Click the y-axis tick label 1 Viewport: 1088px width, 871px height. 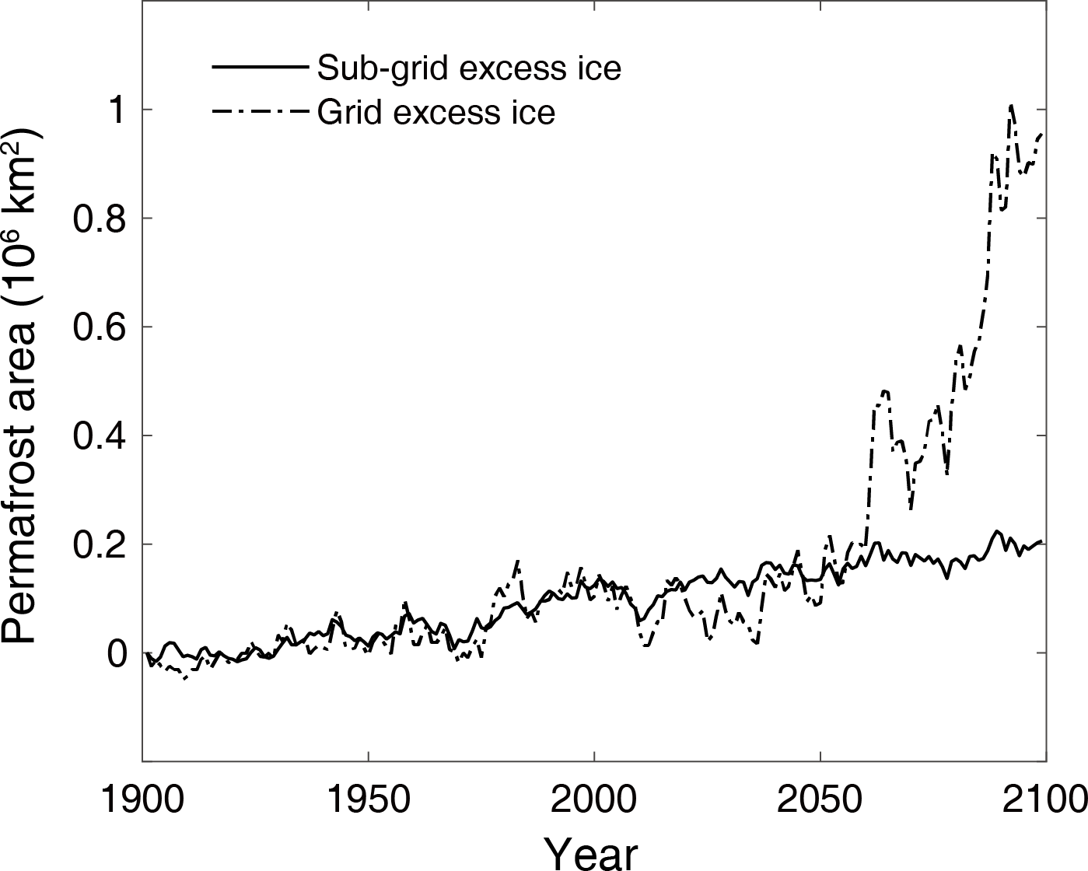pyautogui.click(x=115, y=110)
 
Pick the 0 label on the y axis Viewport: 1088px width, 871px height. pyautogui.click(x=115, y=654)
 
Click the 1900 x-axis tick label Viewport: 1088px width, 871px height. pyautogui.click(x=142, y=799)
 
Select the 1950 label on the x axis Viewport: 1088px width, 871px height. pyautogui.click(x=368, y=799)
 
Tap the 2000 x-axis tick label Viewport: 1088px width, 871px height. pyautogui.click(x=594, y=799)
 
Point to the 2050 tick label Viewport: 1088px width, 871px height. pyautogui.click(x=820, y=799)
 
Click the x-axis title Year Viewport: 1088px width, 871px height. pyautogui.click(x=591, y=852)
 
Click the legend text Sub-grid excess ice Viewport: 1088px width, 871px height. pyautogui.click(x=469, y=68)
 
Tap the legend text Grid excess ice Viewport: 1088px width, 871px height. pyautogui.click(x=436, y=113)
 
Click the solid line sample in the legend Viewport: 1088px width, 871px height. pyautogui.click(x=257, y=68)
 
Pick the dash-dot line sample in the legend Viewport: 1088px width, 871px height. pyautogui.click(x=257, y=112)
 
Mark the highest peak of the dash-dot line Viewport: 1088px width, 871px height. pyautogui.click(x=1011, y=104)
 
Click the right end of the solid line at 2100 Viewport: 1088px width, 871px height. pyautogui.click(x=1042, y=541)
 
